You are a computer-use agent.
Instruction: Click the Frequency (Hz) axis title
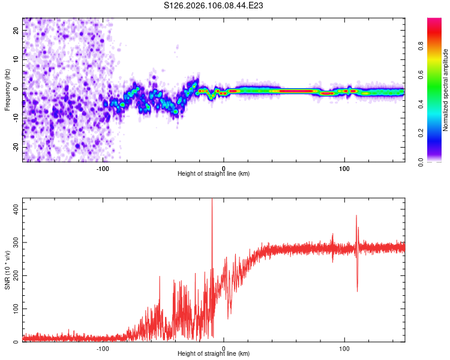pos(7,90)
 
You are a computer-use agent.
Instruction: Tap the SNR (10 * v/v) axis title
pos(7,272)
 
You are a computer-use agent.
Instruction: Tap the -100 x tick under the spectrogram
pos(103,167)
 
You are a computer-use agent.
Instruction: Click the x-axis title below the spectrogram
pos(214,174)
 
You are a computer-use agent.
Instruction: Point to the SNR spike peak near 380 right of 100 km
pos(356,215)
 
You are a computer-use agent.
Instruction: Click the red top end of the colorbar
pos(434,21)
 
